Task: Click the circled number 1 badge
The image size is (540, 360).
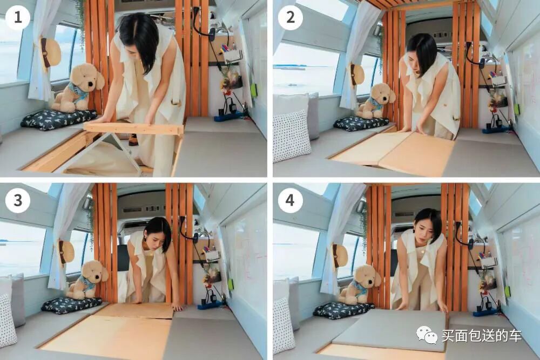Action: [x=18, y=17]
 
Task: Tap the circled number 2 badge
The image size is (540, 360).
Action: [x=291, y=17]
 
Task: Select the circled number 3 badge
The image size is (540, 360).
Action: [x=18, y=200]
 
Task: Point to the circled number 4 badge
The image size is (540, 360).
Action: [x=290, y=200]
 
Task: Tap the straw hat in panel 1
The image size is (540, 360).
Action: [x=50, y=53]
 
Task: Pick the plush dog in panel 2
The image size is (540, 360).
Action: [x=375, y=100]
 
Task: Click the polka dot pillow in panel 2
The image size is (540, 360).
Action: [x=292, y=135]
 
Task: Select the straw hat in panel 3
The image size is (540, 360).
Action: [x=65, y=252]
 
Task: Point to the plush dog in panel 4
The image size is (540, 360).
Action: [x=361, y=284]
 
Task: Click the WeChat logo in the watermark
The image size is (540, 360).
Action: [x=427, y=334]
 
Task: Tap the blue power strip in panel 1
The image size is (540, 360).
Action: [x=228, y=117]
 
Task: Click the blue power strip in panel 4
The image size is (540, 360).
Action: [x=487, y=313]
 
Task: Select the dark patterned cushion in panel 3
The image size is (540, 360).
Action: [x=72, y=305]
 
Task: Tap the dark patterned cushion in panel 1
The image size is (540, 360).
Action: [x=58, y=119]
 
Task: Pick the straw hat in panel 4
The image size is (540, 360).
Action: [x=340, y=256]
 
